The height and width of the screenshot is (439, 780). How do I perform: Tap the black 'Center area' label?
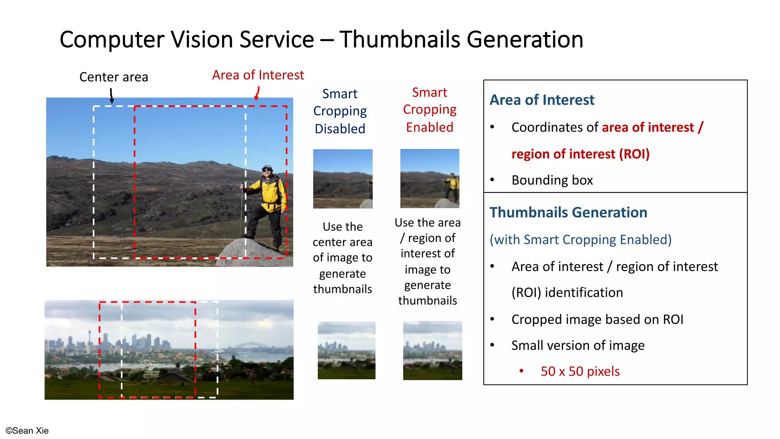pos(113,77)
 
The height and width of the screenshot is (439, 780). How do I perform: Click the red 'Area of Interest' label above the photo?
pos(258,75)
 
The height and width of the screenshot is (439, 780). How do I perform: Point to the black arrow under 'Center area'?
pos(112,96)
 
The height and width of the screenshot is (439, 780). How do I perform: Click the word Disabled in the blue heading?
pos(340,129)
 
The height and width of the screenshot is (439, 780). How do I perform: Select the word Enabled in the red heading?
pos(429,127)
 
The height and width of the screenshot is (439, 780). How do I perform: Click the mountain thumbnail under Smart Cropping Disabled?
pos(342,179)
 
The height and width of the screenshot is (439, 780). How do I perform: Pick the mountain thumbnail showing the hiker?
pos(430,178)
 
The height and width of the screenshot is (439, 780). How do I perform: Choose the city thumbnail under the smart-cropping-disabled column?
pos(346,350)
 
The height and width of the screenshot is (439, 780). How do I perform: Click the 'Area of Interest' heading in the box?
pos(542,100)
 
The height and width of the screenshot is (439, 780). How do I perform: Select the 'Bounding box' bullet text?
pos(552,180)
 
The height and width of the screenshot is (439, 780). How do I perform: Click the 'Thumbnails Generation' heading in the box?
pos(568,212)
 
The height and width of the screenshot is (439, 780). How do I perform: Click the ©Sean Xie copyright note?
pos(27,431)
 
